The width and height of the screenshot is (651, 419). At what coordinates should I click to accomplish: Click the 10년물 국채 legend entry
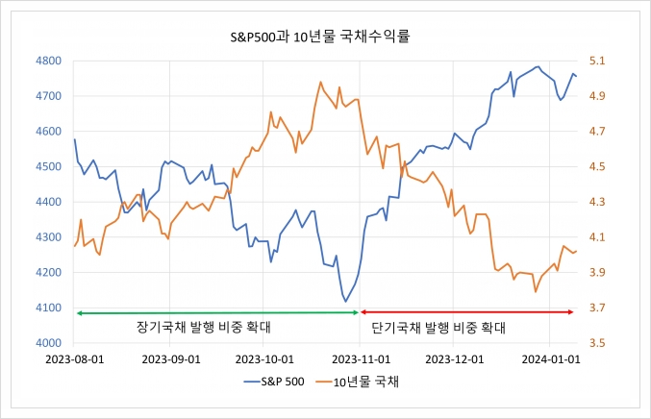point(365,382)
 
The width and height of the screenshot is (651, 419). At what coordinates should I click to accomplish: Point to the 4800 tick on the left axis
point(48,61)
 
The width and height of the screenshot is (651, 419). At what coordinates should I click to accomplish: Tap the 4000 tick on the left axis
point(48,343)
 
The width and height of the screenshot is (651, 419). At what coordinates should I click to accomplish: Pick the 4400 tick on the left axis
point(48,202)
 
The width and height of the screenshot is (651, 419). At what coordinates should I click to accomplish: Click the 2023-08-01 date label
point(76,359)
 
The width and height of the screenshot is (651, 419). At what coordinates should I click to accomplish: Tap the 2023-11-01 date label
point(359,359)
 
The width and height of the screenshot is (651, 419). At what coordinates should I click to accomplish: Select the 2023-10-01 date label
point(263,359)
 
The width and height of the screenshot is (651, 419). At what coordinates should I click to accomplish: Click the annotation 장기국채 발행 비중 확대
point(203,328)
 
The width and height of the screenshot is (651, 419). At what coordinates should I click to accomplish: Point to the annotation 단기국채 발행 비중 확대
point(438,328)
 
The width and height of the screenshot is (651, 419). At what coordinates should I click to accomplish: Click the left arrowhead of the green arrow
point(79,311)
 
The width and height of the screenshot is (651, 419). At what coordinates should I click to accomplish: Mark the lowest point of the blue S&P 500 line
point(345,302)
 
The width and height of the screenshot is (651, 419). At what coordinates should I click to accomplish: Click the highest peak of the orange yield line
point(320,82)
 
